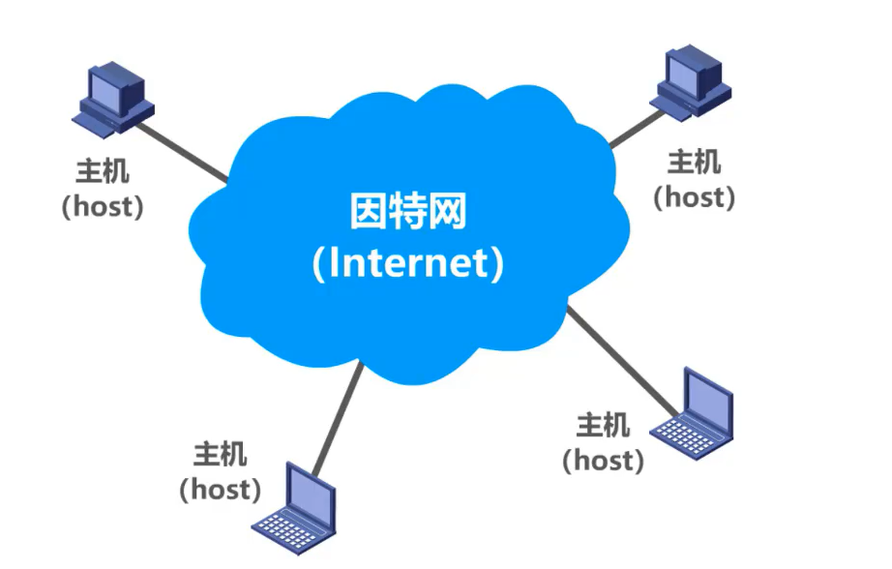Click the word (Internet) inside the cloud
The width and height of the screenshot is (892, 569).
pyautogui.click(x=407, y=264)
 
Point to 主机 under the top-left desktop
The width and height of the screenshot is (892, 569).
pyautogui.click(x=102, y=172)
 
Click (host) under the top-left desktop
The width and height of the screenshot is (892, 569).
pyautogui.click(x=102, y=205)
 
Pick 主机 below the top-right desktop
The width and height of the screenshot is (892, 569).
pyautogui.click(x=694, y=163)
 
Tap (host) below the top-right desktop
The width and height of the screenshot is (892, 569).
pyautogui.click(x=694, y=196)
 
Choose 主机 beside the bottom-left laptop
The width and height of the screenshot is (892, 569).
pyautogui.click(x=220, y=455)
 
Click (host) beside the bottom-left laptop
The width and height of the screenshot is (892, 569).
pyautogui.click(x=220, y=489)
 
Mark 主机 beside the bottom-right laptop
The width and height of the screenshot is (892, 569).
pyautogui.click(x=603, y=425)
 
